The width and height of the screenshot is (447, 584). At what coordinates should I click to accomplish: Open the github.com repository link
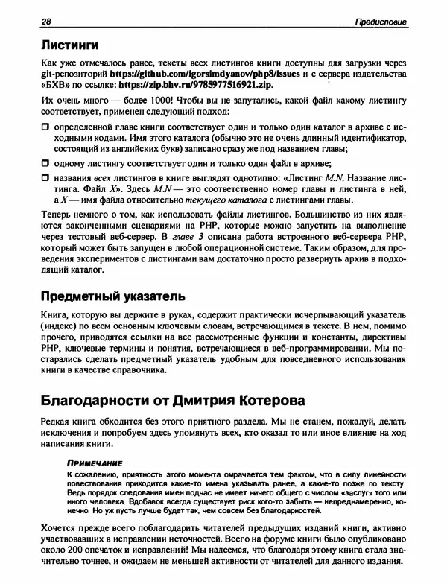coord(216,75)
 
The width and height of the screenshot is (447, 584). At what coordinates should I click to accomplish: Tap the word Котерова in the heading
coord(264,401)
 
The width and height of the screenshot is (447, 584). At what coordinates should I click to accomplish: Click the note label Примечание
coord(94,462)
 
